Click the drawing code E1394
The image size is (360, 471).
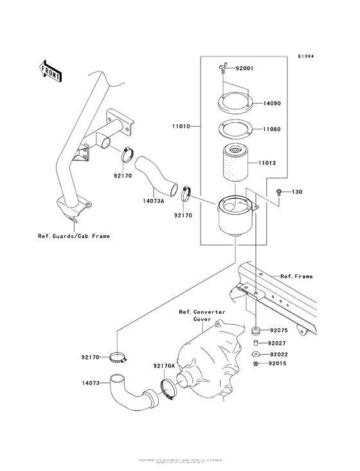[306, 57]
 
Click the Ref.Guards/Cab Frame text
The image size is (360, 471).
[74, 236]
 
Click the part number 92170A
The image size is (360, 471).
[165, 365]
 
